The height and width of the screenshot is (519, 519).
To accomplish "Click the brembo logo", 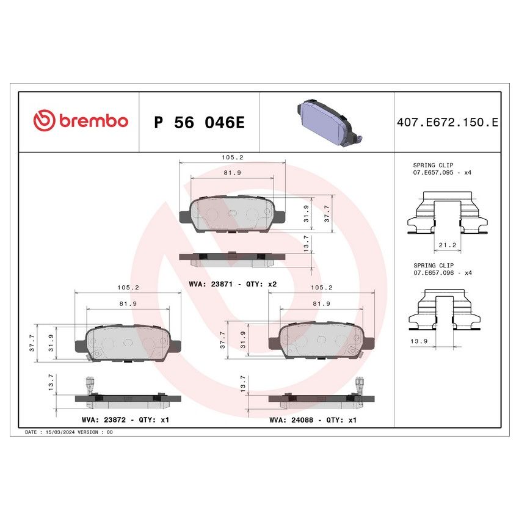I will coord(81,121).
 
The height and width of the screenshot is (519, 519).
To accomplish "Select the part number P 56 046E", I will coord(199,122).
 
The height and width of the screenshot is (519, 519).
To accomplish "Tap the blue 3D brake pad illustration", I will coord(327,122).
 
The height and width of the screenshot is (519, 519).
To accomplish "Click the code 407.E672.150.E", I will coord(448,122).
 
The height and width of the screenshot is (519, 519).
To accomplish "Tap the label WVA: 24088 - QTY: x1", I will coord(313,420).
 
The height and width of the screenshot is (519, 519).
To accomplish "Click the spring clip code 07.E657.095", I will coord(437,173).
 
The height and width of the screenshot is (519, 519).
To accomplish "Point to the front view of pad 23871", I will coord(232,214).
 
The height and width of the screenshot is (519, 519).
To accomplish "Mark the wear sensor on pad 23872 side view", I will coord(89,385).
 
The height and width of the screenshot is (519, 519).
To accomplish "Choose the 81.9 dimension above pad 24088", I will coord(322,303).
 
